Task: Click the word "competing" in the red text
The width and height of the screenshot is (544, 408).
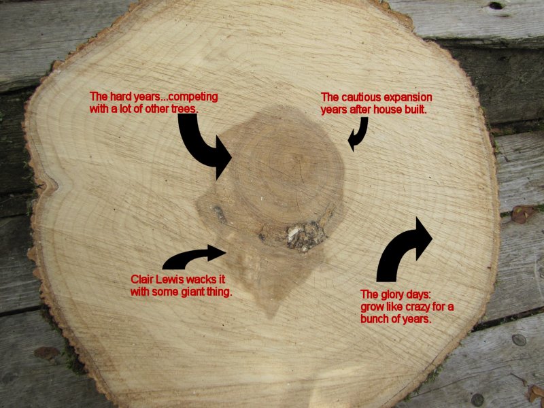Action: coord(190,97)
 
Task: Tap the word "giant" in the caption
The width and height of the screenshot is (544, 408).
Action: coord(192,292)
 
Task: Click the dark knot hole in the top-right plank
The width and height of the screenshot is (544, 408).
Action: coord(497,6)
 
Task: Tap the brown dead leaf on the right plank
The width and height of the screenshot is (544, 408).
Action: coord(523,214)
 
